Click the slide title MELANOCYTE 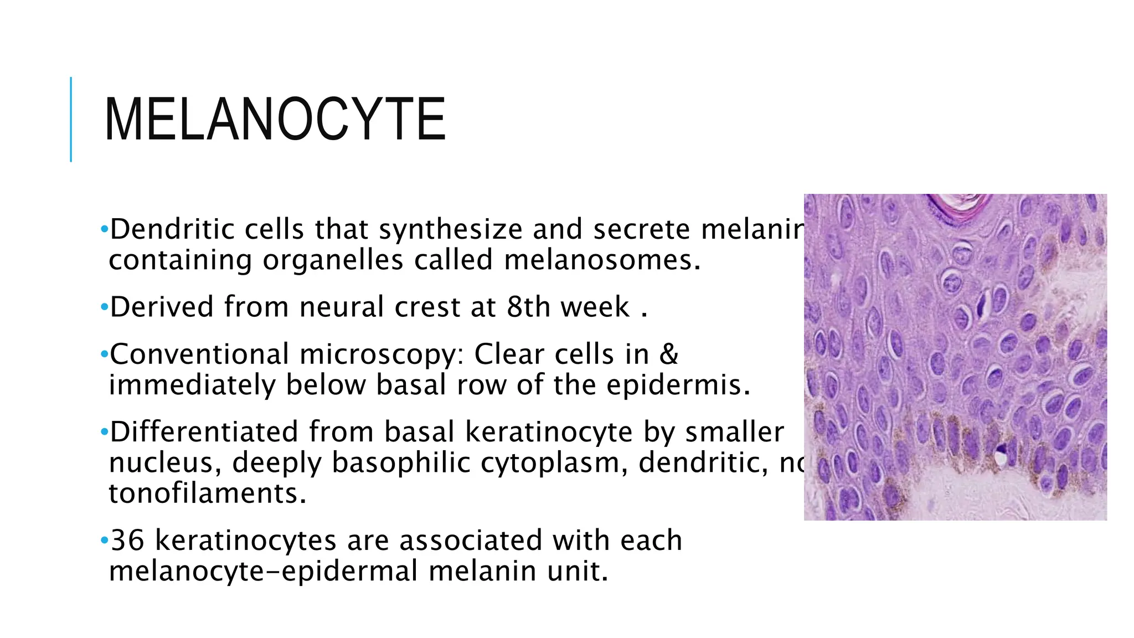(x=275, y=119)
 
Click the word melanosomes (x=602, y=260)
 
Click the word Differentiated (x=204, y=431)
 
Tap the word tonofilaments (x=207, y=493)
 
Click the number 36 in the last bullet (x=127, y=540)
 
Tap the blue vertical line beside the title (x=71, y=119)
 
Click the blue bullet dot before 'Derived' (x=104, y=307)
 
